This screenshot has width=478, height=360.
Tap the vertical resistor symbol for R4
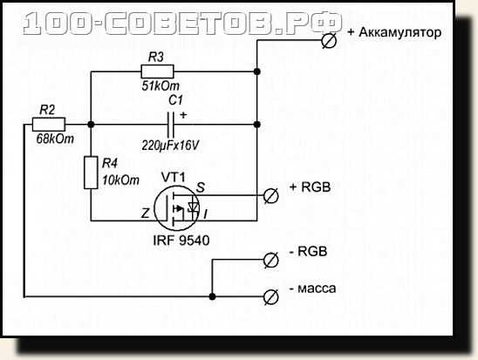pos(91,173)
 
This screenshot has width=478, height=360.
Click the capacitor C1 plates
pos(171,125)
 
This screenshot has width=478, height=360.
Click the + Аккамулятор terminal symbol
pos(329,40)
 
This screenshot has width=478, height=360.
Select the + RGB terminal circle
pos(270,195)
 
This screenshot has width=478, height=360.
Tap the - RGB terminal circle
pos(270,260)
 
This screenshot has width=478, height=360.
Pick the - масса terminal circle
pos(270,297)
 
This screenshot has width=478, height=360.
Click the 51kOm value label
pos(160,86)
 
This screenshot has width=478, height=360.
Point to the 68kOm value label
pos(55,139)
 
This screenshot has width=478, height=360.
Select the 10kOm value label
pos(120,180)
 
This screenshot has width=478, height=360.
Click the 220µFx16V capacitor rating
pos(170,146)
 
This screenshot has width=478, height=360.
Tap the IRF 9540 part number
pos(181,241)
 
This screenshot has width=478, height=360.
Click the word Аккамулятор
pos(400,32)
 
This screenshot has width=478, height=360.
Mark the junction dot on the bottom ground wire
pos(212,296)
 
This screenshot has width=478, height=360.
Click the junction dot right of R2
pos(91,125)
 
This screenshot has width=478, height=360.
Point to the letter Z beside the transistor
pos(146,214)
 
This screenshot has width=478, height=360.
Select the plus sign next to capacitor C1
pos(183,115)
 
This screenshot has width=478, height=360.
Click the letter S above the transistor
pos(201,187)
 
